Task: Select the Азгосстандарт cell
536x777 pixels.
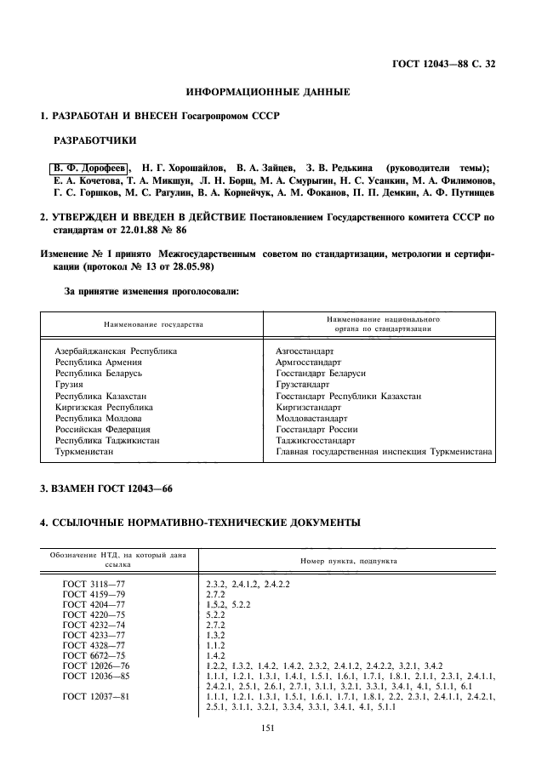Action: point(305,351)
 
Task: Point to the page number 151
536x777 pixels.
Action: point(268,726)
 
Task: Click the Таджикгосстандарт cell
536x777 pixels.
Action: point(316,441)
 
